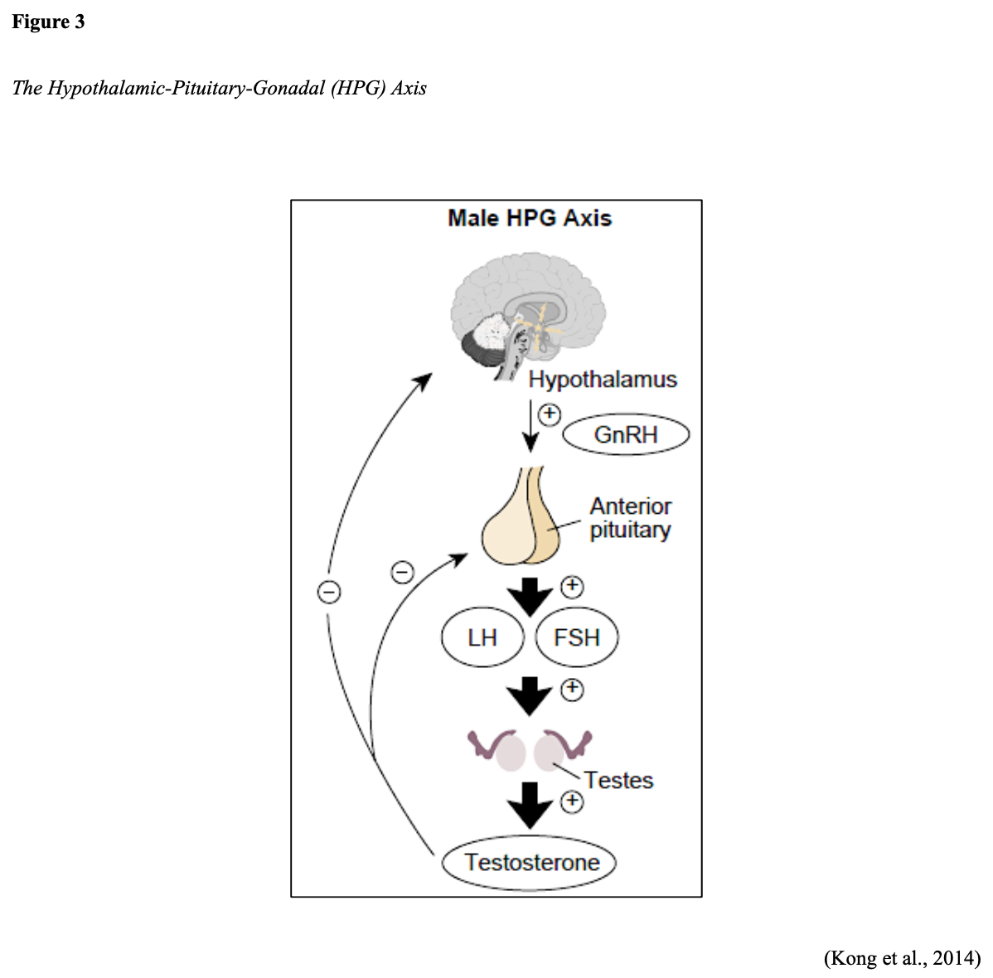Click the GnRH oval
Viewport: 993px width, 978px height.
(x=626, y=435)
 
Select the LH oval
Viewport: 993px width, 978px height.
(x=482, y=637)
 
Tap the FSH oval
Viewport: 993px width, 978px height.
(x=577, y=637)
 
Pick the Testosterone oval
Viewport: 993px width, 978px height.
(x=531, y=863)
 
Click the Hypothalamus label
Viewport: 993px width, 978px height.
(x=603, y=380)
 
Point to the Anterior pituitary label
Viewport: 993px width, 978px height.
(x=630, y=518)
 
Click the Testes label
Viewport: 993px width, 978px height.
(x=618, y=781)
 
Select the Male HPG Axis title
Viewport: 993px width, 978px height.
(x=530, y=218)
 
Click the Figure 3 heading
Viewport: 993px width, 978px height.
(x=48, y=22)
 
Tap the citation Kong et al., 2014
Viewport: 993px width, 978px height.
(x=902, y=958)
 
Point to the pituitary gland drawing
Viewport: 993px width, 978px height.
(x=521, y=522)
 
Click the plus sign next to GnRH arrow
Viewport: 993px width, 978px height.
(x=550, y=414)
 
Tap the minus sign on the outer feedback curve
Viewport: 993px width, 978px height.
(x=329, y=592)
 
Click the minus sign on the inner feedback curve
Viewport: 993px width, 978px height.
(x=402, y=572)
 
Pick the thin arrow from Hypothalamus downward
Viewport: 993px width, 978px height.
(x=530, y=427)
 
